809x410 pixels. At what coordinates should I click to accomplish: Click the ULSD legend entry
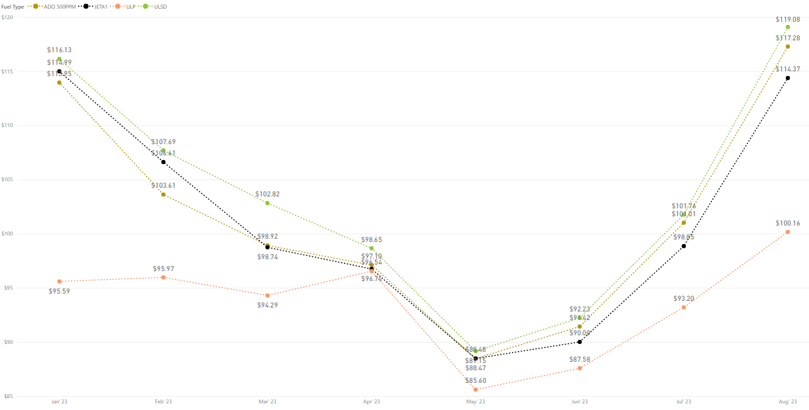(x=159, y=6)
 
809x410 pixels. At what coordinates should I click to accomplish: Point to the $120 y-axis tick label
(x=7, y=17)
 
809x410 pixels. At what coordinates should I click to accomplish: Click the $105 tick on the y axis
(x=7, y=180)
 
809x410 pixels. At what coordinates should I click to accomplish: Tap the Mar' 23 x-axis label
(x=267, y=401)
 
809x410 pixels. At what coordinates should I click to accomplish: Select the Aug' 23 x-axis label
(x=788, y=401)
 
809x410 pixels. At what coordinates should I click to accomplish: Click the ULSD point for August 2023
(x=788, y=27)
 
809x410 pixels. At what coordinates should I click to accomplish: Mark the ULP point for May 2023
(x=476, y=389)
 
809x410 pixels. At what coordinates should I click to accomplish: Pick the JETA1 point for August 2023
(x=788, y=78)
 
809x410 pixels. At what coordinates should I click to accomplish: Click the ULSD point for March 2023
(x=267, y=203)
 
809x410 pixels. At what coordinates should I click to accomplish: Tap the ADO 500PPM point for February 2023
(x=163, y=194)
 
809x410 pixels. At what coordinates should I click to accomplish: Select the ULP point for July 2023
(x=684, y=307)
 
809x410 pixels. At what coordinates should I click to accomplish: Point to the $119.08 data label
(x=788, y=19)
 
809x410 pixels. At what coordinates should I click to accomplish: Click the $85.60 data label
(x=476, y=381)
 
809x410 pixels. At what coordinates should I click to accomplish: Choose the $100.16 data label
(x=788, y=224)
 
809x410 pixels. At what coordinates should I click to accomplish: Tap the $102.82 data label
(x=267, y=194)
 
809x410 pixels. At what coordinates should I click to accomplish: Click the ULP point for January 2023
(x=60, y=282)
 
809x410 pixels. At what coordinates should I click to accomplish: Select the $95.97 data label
(x=163, y=268)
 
